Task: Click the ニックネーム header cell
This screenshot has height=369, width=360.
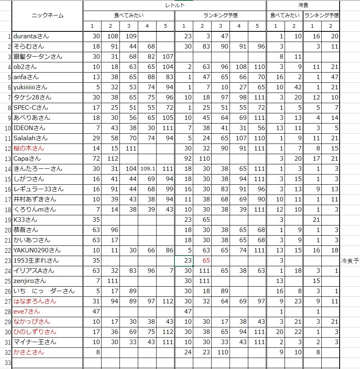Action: [47, 15]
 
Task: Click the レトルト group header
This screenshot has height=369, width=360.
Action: [175, 5]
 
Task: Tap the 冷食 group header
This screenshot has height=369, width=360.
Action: [303, 5]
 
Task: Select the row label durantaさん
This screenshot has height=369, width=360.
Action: [31, 36]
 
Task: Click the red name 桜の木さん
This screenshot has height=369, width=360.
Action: [29, 148]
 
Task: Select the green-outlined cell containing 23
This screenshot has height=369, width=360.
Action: [187, 261]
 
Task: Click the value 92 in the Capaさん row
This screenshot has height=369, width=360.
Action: [188, 159]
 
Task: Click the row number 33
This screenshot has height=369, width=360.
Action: [6, 362]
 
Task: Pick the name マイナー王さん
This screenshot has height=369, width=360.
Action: [35, 342]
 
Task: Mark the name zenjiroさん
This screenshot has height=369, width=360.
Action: [30, 281]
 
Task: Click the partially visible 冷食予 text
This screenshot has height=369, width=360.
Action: [350, 261]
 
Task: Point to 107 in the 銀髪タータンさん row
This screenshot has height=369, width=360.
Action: [167, 57]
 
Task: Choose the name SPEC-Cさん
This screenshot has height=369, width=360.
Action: [31, 108]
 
